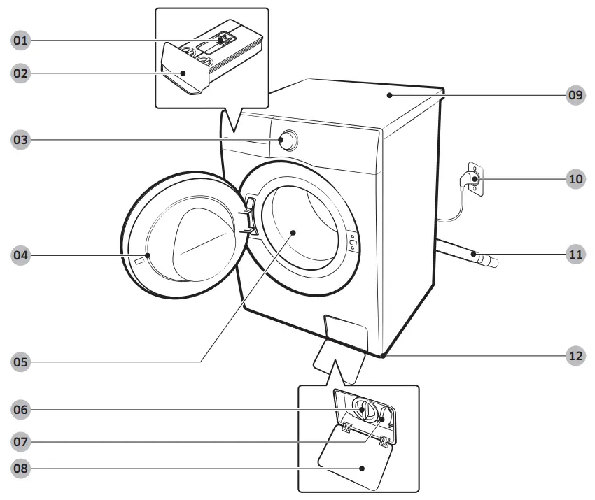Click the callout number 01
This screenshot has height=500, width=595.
tap(21, 41)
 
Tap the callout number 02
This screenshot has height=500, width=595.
tap(21, 73)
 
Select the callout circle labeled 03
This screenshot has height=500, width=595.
tap(21, 140)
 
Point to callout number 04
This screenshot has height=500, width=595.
tap(21, 255)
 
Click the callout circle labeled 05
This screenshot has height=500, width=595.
tap(21, 362)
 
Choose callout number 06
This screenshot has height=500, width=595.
tap(21, 409)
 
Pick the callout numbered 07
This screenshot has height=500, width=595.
tap(21, 441)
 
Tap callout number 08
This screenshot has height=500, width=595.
tap(21, 468)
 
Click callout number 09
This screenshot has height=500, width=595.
tap(575, 96)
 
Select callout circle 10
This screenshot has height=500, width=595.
tap(575, 179)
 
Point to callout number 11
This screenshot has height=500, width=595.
tap(575, 255)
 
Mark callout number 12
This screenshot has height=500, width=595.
tap(575, 355)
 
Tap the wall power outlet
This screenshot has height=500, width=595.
tap(474, 179)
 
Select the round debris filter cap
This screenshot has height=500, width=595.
tap(363, 408)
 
